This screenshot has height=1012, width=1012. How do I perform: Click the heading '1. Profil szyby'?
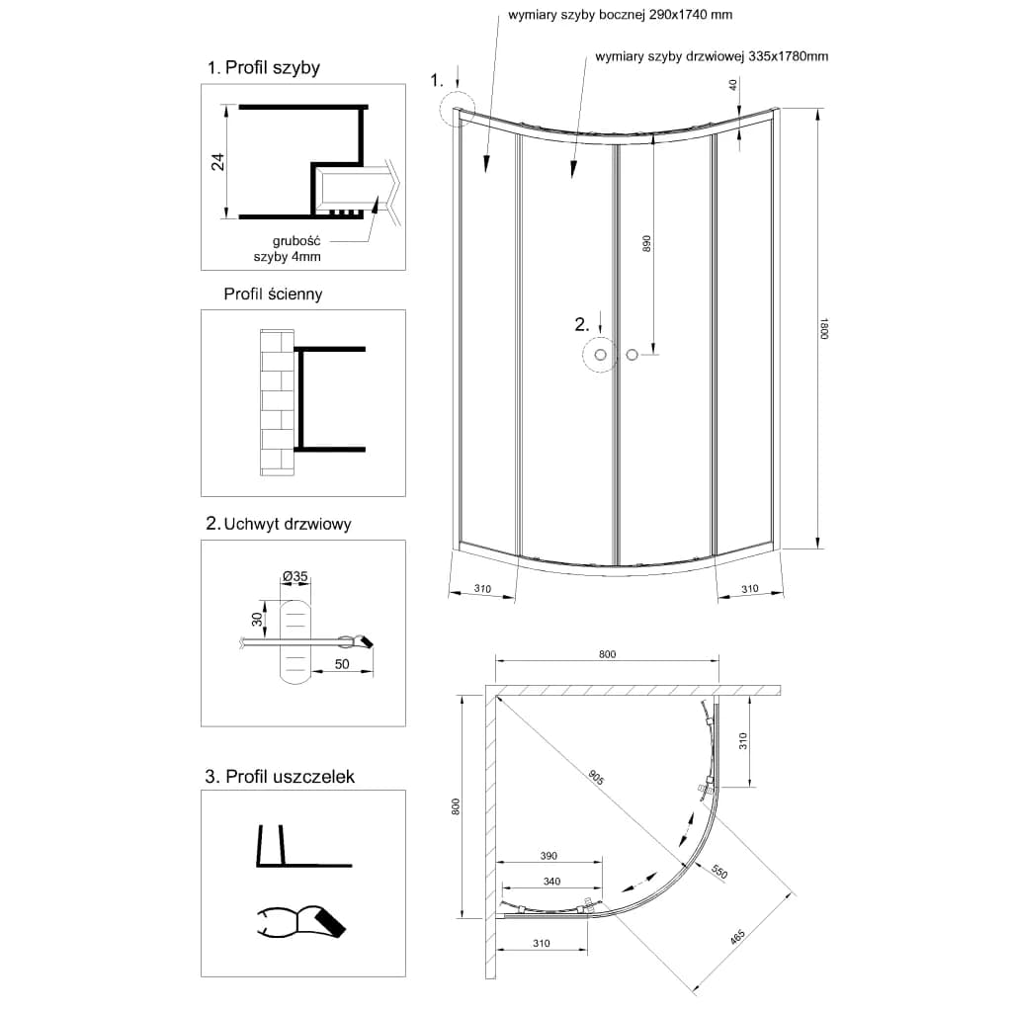pyautogui.click(x=263, y=68)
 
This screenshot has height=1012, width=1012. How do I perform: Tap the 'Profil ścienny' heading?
pyautogui.click(x=273, y=295)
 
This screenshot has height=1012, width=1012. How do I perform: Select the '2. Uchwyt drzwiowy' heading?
pyautogui.click(x=278, y=524)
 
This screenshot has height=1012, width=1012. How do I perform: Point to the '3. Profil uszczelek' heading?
pyautogui.click(x=280, y=776)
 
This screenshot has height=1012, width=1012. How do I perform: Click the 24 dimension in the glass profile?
pyautogui.click(x=218, y=161)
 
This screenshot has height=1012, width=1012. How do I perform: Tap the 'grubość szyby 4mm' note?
pyautogui.click(x=288, y=248)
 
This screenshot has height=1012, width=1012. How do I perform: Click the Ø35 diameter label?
pyautogui.click(x=295, y=576)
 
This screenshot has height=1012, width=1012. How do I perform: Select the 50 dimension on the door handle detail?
pyautogui.click(x=342, y=664)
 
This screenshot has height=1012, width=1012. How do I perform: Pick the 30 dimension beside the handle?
pyautogui.click(x=258, y=619)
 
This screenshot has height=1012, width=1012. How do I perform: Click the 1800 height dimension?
pyautogui.click(x=823, y=329)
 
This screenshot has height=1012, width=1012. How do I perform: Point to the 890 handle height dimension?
pyautogui.click(x=646, y=243)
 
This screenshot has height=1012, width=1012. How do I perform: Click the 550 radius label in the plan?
pyautogui.click(x=719, y=872)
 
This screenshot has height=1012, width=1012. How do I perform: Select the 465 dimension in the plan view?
pyautogui.click(x=737, y=937)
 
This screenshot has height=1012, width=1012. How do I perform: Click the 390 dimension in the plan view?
pyautogui.click(x=548, y=856)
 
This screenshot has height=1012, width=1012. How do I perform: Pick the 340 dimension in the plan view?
pyautogui.click(x=551, y=881)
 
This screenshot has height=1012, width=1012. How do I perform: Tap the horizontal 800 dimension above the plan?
pyautogui.click(x=608, y=654)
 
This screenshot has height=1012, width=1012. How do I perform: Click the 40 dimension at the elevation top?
pyautogui.click(x=732, y=85)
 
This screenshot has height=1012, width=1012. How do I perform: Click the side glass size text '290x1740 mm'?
pyautogui.click(x=691, y=14)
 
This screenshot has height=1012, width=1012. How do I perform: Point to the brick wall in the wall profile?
pyautogui.click(x=277, y=403)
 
